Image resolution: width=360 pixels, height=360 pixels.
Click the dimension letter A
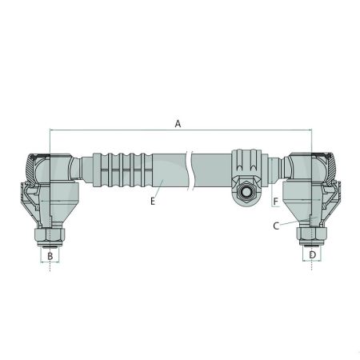pyautogui.click(x=178, y=123)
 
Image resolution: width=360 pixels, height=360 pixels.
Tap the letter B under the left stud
pyautogui.click(x=50, y=255)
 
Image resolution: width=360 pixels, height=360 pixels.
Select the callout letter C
pyautogui.click(x=275, y=226)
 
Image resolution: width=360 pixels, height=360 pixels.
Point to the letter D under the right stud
pyautogui.click(x=312, y=255)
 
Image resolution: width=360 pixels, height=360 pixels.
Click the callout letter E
pyautogui.click(x=151, y=202)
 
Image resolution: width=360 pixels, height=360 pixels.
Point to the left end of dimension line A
pyautogui.click(x=50, y=130)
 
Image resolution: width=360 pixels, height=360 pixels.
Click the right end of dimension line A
pyautogui.click(x=310, y=130)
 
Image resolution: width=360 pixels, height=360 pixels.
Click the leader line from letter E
pyautogui.click(x=159, y=191)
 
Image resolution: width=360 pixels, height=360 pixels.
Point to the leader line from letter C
pyautogui.click(x=290, y=222)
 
